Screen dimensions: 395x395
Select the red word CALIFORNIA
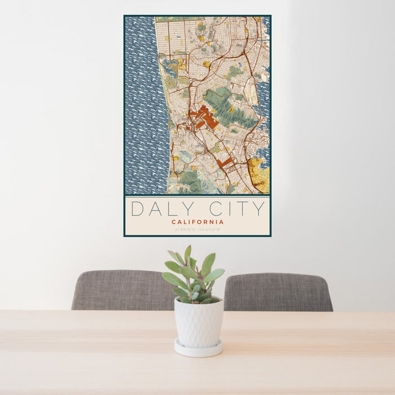[x=197, y=222]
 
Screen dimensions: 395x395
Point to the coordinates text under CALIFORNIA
[x=197, y=229]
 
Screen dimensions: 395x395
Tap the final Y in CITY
[x=259, y=209]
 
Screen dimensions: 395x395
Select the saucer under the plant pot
[x=197, y=349]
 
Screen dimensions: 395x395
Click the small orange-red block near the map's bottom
[x=224, y=163]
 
